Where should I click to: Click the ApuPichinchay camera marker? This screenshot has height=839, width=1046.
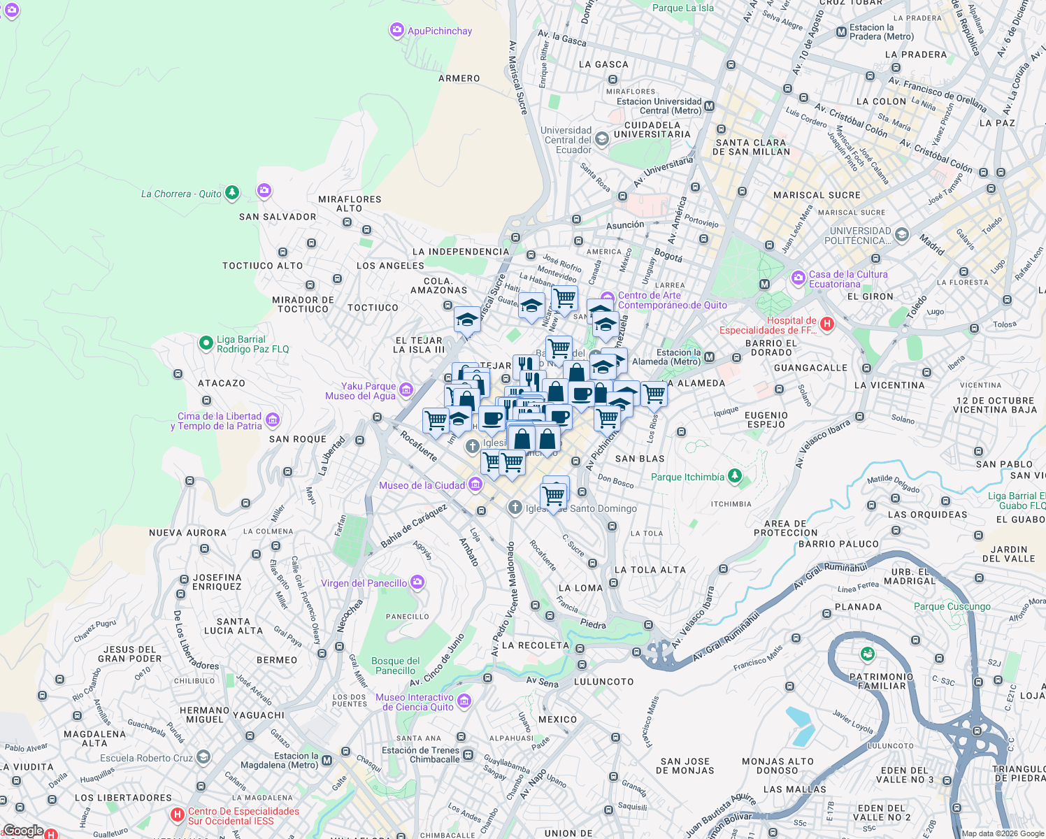point(397,31)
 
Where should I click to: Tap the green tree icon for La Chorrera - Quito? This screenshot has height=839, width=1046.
point(232,193)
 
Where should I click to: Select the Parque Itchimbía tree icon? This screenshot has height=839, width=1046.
point(734,476)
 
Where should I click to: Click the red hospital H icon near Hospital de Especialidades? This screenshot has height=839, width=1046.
point(827,323)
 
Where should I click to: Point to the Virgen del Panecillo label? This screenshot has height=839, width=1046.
point(364,583)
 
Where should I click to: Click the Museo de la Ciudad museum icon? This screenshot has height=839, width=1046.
point(475,485)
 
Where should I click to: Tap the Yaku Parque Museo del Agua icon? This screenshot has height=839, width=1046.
point(406,390)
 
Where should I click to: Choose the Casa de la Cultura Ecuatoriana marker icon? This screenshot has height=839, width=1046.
point(798,278)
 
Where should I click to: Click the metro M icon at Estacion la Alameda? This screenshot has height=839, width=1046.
point(710,357)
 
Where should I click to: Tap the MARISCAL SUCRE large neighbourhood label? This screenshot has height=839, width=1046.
point(817,195)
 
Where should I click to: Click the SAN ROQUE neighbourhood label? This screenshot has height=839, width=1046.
point(298,439)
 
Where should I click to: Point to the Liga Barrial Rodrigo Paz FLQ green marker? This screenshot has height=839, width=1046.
point(206,343)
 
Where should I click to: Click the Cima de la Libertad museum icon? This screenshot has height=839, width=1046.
point(273,420)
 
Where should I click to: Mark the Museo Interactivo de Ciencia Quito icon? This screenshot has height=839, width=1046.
point(464,701)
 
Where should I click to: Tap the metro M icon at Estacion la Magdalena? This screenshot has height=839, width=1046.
point(327,760)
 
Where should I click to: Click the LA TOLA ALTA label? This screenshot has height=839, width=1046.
point(650,570)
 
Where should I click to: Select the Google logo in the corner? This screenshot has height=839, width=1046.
point(24,831)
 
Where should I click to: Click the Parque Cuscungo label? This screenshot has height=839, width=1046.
point(952,606)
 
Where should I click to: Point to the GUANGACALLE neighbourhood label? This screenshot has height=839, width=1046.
point(810,368)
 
